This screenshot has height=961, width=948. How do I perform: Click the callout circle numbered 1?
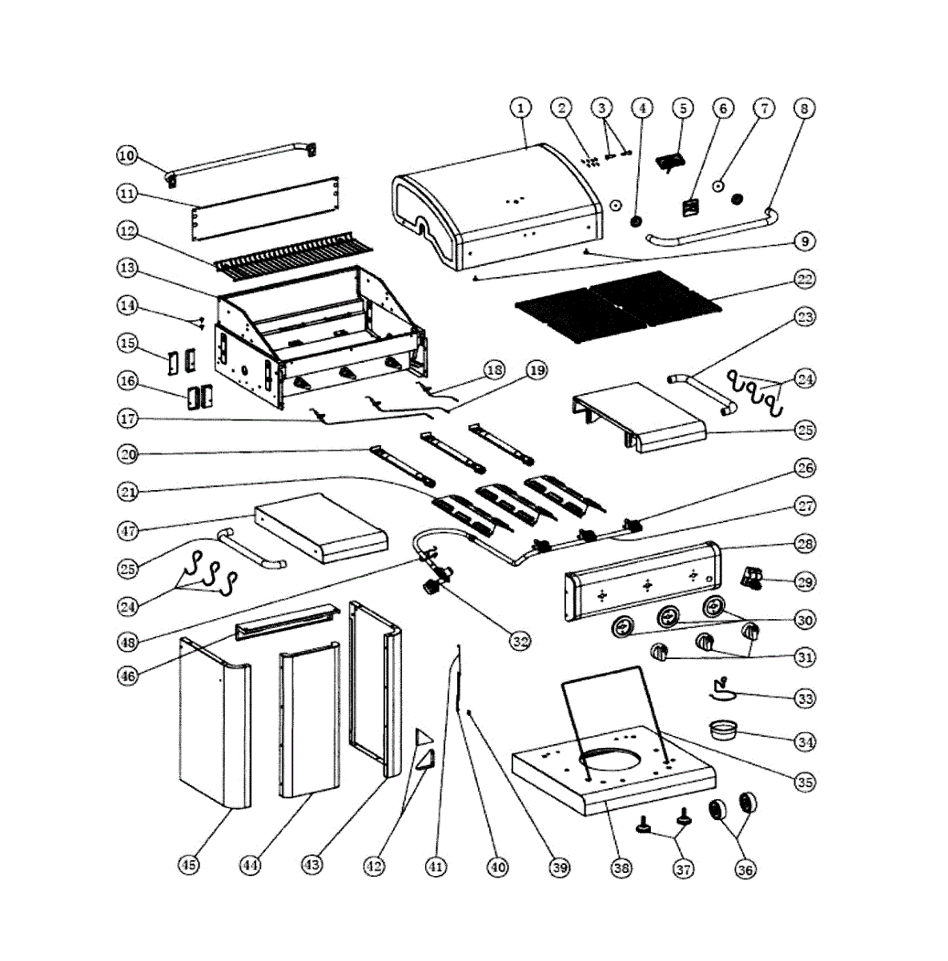pyautogui.click(x=520, y=107)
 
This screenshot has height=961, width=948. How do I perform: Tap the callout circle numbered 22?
pyautogui.click(x=805, y=279)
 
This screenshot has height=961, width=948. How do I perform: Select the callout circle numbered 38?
pyautogui.click(x=621, y=867)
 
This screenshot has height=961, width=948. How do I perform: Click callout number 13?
pyautogui.click(x=127, y=269)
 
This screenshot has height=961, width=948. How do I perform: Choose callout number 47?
pyautogui.click(x=127, y=530)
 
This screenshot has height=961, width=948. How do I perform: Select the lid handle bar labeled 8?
pyautogui.click(x=713, y=233)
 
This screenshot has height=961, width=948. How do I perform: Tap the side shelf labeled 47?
pyautogui.click(x=320, y=529)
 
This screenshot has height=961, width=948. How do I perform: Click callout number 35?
pyautogui.click(x=805, y=782)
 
